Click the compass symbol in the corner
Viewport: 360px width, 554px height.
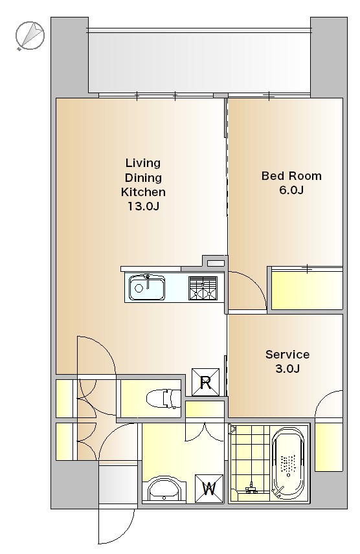pos(30,35)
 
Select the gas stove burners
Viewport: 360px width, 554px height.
pos(203,288)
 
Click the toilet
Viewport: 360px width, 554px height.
pos(164,398)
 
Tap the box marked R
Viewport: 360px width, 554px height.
pos(205,382)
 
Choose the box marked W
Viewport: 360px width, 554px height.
pos(209,489)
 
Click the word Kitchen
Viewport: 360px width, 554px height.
pos(143,192)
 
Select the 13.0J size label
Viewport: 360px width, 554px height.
pos(143,206)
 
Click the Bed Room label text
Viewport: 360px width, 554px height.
pos(291,175)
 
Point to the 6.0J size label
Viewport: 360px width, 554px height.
pos(291,190)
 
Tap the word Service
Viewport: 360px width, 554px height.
pos(287,354)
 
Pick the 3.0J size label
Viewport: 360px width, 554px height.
pos(287,368)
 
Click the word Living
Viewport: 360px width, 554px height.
pos(143,163)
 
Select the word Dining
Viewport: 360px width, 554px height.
pos(143,177)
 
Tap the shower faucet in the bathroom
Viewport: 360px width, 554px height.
pos(251,487)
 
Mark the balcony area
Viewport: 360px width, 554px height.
pos(199,60)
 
